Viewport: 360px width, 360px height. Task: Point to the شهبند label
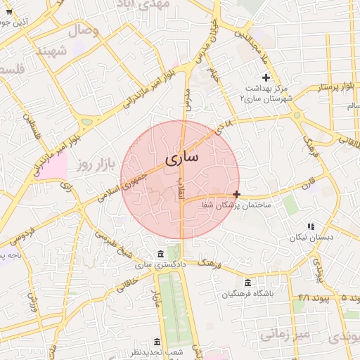click(x=51, y=51)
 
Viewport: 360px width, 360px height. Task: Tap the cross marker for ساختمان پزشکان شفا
click(x=236, y=193)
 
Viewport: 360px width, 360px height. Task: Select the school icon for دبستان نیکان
click(x=310, y=226)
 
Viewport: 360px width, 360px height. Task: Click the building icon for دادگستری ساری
click(x=161, y=254)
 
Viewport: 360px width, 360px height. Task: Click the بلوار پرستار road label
click(x=323, y=87)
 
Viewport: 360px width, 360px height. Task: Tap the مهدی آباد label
click(x=165, y=4)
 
